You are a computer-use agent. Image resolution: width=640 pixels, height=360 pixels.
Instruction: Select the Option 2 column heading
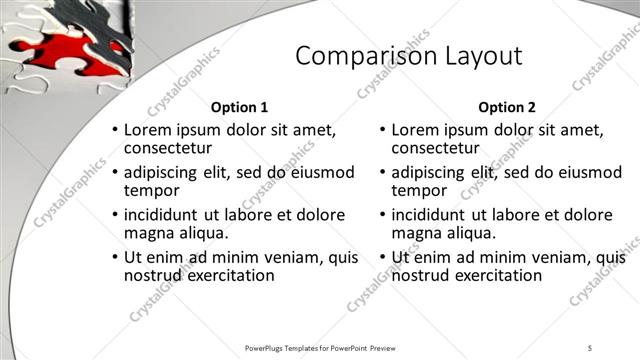pos(507,107)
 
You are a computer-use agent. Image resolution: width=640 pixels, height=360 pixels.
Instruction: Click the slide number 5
pos(590,347)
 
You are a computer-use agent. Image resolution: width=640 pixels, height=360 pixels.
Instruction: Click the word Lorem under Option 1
pos(148,130)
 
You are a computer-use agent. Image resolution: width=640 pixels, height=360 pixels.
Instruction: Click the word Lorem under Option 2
pos(415,130)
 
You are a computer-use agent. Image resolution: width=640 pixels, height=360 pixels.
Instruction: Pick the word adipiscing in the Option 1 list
pos(167,172)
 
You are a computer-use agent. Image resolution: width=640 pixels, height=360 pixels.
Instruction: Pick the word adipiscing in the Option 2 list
pos(434,172)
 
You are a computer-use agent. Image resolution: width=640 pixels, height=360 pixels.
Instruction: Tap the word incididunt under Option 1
pos(166,215)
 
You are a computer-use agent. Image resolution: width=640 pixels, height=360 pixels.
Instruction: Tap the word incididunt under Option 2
pos(433,215)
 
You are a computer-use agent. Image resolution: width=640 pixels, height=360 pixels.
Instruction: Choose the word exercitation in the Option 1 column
pos(227,275)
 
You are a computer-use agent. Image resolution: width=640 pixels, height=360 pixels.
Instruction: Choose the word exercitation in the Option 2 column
pos(494,275)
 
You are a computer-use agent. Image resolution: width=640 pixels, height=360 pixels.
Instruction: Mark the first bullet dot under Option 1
pos(115,131)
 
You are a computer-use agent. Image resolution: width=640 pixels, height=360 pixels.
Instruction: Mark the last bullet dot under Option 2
pos(382,258)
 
